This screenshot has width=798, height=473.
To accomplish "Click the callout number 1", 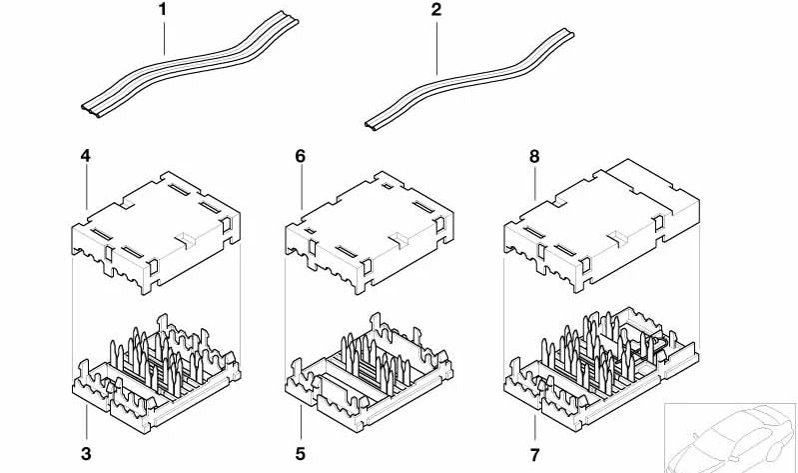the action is tap(163, 9).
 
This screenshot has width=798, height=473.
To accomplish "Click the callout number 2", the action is tap(436, 9).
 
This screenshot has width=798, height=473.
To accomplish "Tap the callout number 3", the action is tap(86, 453).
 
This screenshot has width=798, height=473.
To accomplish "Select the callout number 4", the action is tap(86, 156).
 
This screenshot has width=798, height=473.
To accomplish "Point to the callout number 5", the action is tap(301, 453).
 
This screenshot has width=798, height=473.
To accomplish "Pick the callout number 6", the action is tap(301, 156).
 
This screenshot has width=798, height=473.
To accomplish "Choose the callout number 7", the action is tap(534, 454).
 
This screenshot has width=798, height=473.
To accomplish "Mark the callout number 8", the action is tap(534, 156).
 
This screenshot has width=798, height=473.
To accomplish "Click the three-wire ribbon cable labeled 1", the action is tap(191, 65).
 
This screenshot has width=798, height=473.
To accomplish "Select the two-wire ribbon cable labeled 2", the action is tap(469, 80).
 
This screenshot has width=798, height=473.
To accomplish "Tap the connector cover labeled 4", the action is tap(156, 232).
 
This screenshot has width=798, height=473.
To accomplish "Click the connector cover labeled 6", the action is tap(370, 232).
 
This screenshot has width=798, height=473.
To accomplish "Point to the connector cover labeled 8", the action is tap(601, 225).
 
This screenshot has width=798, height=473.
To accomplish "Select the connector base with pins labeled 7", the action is tap(601, 370).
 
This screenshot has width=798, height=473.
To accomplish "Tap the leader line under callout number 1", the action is tap(164, 36).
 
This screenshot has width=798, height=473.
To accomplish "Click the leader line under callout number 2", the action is tap(436, 46).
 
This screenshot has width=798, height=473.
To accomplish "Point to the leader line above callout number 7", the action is tap(535, 429).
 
